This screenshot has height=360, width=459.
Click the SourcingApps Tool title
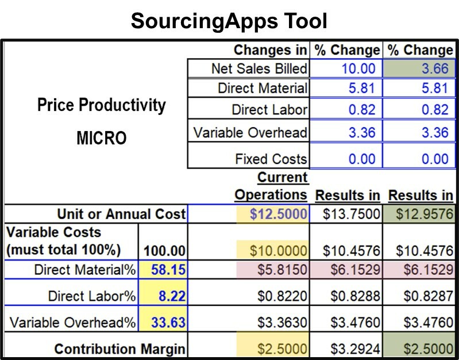point(229,21)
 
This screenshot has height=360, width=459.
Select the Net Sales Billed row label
point(259,69)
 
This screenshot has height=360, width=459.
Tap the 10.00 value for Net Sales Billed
point(358,69)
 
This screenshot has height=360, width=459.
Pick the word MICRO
point(101,139)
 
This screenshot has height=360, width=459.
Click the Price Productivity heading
point(101,105)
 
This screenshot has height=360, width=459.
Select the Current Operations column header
point(271,186)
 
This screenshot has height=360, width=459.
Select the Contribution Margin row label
point(119,348)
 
